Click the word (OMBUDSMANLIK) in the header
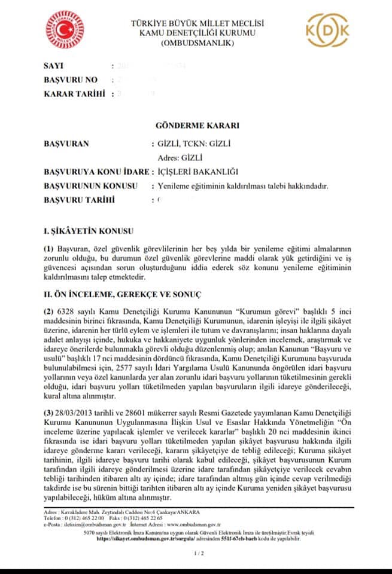pos(197,43)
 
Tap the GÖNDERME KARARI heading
pos(197,126)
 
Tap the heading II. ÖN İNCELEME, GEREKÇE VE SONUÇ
pos(123,295)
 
